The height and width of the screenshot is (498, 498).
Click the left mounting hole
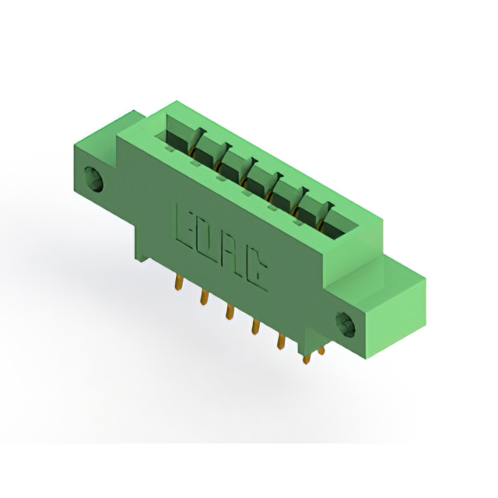pyautogui.click(x=93, y=180)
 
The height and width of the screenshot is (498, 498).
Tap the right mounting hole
pyautogui.click(x=345, y=325)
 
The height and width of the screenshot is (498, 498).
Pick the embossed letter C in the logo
pyautogui.click(x=255, y=271)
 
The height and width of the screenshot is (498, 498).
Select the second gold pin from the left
pyautogui.click(x=205, y=297)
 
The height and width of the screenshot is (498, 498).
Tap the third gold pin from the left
pyautogui.click(x=230, y=311)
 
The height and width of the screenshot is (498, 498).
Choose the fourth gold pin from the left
pyautogui.click(x=255, y=326)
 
